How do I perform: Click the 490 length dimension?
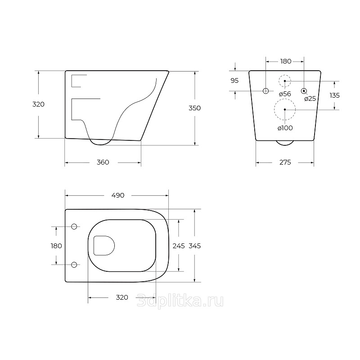click(118, 195)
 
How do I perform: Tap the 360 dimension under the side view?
click(103, 162)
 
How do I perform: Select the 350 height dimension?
click(195, 108)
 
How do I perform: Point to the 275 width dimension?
click(285, 162)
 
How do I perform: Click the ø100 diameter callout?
click(285, 128)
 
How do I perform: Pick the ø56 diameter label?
click(285, 94)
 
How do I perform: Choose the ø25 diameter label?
click(310, 99)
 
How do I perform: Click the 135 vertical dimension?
click(334, 95)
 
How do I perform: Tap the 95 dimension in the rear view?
click(234, 81)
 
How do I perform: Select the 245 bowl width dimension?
click(179, 246)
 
